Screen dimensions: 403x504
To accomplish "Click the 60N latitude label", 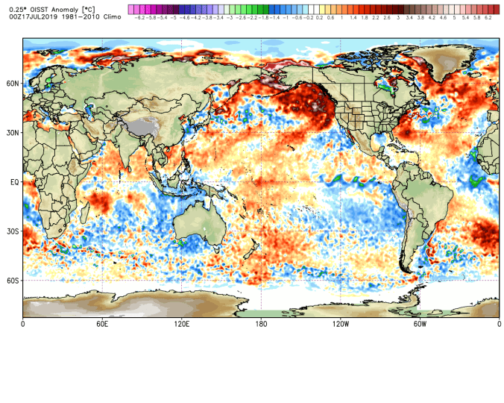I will point(13,84).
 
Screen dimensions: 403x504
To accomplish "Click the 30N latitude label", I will point(13,133).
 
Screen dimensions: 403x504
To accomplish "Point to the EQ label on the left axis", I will point(14,182).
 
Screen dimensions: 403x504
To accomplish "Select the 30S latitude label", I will point(13,231).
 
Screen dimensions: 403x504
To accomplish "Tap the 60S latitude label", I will point(13,281).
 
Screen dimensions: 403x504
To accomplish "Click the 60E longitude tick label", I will point(103,325).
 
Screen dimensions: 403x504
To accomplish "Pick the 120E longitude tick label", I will point(182,325).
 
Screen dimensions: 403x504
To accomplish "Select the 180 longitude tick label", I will point(261,325).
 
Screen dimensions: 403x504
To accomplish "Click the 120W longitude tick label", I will point(341,325).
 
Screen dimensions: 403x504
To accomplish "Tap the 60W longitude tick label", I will point(420,325).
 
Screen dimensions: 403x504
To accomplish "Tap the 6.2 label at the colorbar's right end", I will point(488,16).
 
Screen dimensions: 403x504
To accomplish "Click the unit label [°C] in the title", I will point(89,7).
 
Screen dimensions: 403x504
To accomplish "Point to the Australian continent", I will point(199,223).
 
